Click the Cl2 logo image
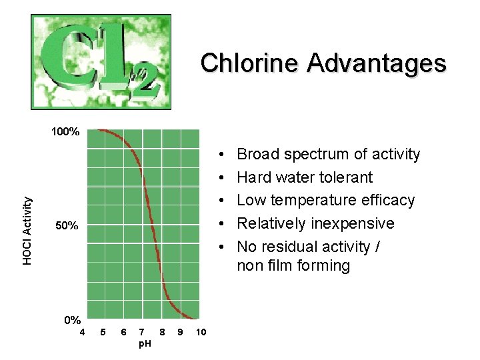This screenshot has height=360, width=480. pyautogui.click(x=101, y=61)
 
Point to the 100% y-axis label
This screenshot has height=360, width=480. pyautogui.click(x=66, y=132)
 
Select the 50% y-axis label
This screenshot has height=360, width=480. pyautogui.click(x=67, y=227)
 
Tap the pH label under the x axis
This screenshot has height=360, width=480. pyautogui.click(x=143, y=343)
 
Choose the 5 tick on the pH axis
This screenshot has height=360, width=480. pyautogui.click(x=103, y=332)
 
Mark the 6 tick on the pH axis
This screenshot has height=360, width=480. pyautogui.click(x=123, y=332)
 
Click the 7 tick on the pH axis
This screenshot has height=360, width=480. pyautogui.click(x=142, y=332)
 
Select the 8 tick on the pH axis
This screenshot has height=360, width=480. pyautogui.click(x=163, y=332)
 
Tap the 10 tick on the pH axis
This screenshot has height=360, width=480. pyautogui.click(x=202, y=332)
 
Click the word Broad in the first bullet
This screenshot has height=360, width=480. pyautogui.click(x=258, y=155)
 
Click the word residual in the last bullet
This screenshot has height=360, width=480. pyautogui.click(x=289, y=247)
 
